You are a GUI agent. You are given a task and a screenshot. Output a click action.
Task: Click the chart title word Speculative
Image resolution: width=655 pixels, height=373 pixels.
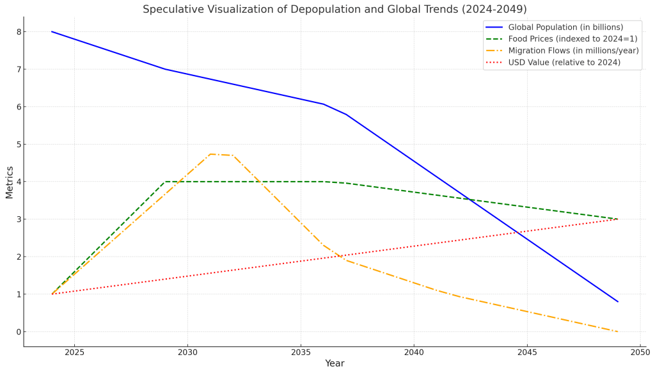(x=171, y=10)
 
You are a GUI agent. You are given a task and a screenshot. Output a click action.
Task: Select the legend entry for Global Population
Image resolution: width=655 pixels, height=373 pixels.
(x=565, y=28)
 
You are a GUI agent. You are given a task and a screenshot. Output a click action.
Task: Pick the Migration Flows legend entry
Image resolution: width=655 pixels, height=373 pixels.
(x=573, y=51)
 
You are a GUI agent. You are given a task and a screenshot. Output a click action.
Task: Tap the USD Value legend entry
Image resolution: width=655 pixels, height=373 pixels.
(x=564, y=63)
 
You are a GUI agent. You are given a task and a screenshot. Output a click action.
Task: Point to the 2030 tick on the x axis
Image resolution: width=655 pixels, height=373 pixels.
(x=187, y=352)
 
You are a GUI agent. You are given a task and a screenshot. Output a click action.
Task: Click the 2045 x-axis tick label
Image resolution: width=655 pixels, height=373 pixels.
(x=527, y=352)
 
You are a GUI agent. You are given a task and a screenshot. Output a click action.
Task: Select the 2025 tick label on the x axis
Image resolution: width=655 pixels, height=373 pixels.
(x=74, y=352)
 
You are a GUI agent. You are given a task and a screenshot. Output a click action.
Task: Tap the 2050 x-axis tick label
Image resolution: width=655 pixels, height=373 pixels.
(x=640, y=352)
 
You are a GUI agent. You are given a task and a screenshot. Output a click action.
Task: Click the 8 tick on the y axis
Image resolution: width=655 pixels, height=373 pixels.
(x=19, y=32)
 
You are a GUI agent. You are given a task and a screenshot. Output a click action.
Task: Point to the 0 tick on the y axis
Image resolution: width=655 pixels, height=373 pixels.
(x=19, y=332)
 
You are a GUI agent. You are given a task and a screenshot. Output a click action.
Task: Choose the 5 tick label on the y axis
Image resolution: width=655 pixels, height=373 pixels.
(x=19, y=145)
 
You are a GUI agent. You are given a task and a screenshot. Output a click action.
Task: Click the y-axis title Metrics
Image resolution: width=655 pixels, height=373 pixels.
(x=10, y=182)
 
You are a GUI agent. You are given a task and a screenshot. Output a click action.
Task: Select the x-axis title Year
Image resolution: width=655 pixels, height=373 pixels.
(x=335, y=363)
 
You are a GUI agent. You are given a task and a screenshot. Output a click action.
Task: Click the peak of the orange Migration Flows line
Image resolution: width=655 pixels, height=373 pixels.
(x=210, y=154)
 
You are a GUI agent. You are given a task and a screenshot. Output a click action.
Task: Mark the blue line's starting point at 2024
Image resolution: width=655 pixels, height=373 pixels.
(x=52, y=31)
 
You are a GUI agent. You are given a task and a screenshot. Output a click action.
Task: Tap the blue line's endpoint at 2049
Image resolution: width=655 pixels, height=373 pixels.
(x=618, y=301)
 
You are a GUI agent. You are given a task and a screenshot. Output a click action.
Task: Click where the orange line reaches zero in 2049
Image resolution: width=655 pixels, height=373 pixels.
(x=618, y=331)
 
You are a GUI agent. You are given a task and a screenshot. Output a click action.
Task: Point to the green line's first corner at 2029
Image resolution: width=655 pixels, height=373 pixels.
(x=165, y=182)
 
